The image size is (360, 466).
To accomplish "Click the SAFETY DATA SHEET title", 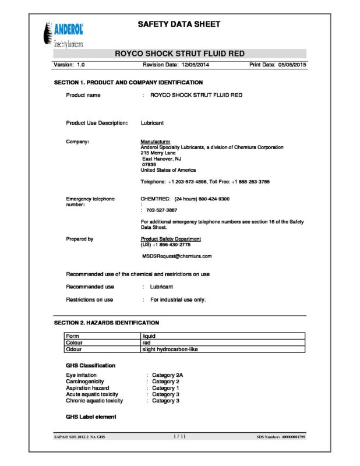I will (179, 24).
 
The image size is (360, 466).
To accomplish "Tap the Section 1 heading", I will (128, 83).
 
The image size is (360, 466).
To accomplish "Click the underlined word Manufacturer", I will (156, 142).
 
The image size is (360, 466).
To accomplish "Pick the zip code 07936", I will (149, 164).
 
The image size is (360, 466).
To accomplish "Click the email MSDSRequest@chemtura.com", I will (177, 256).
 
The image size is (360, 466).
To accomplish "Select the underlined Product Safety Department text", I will (171, 239).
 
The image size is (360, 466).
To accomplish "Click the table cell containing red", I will (147, 343).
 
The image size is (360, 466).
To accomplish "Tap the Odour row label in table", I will (73, 349).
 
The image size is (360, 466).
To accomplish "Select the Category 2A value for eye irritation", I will (168, 375).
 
